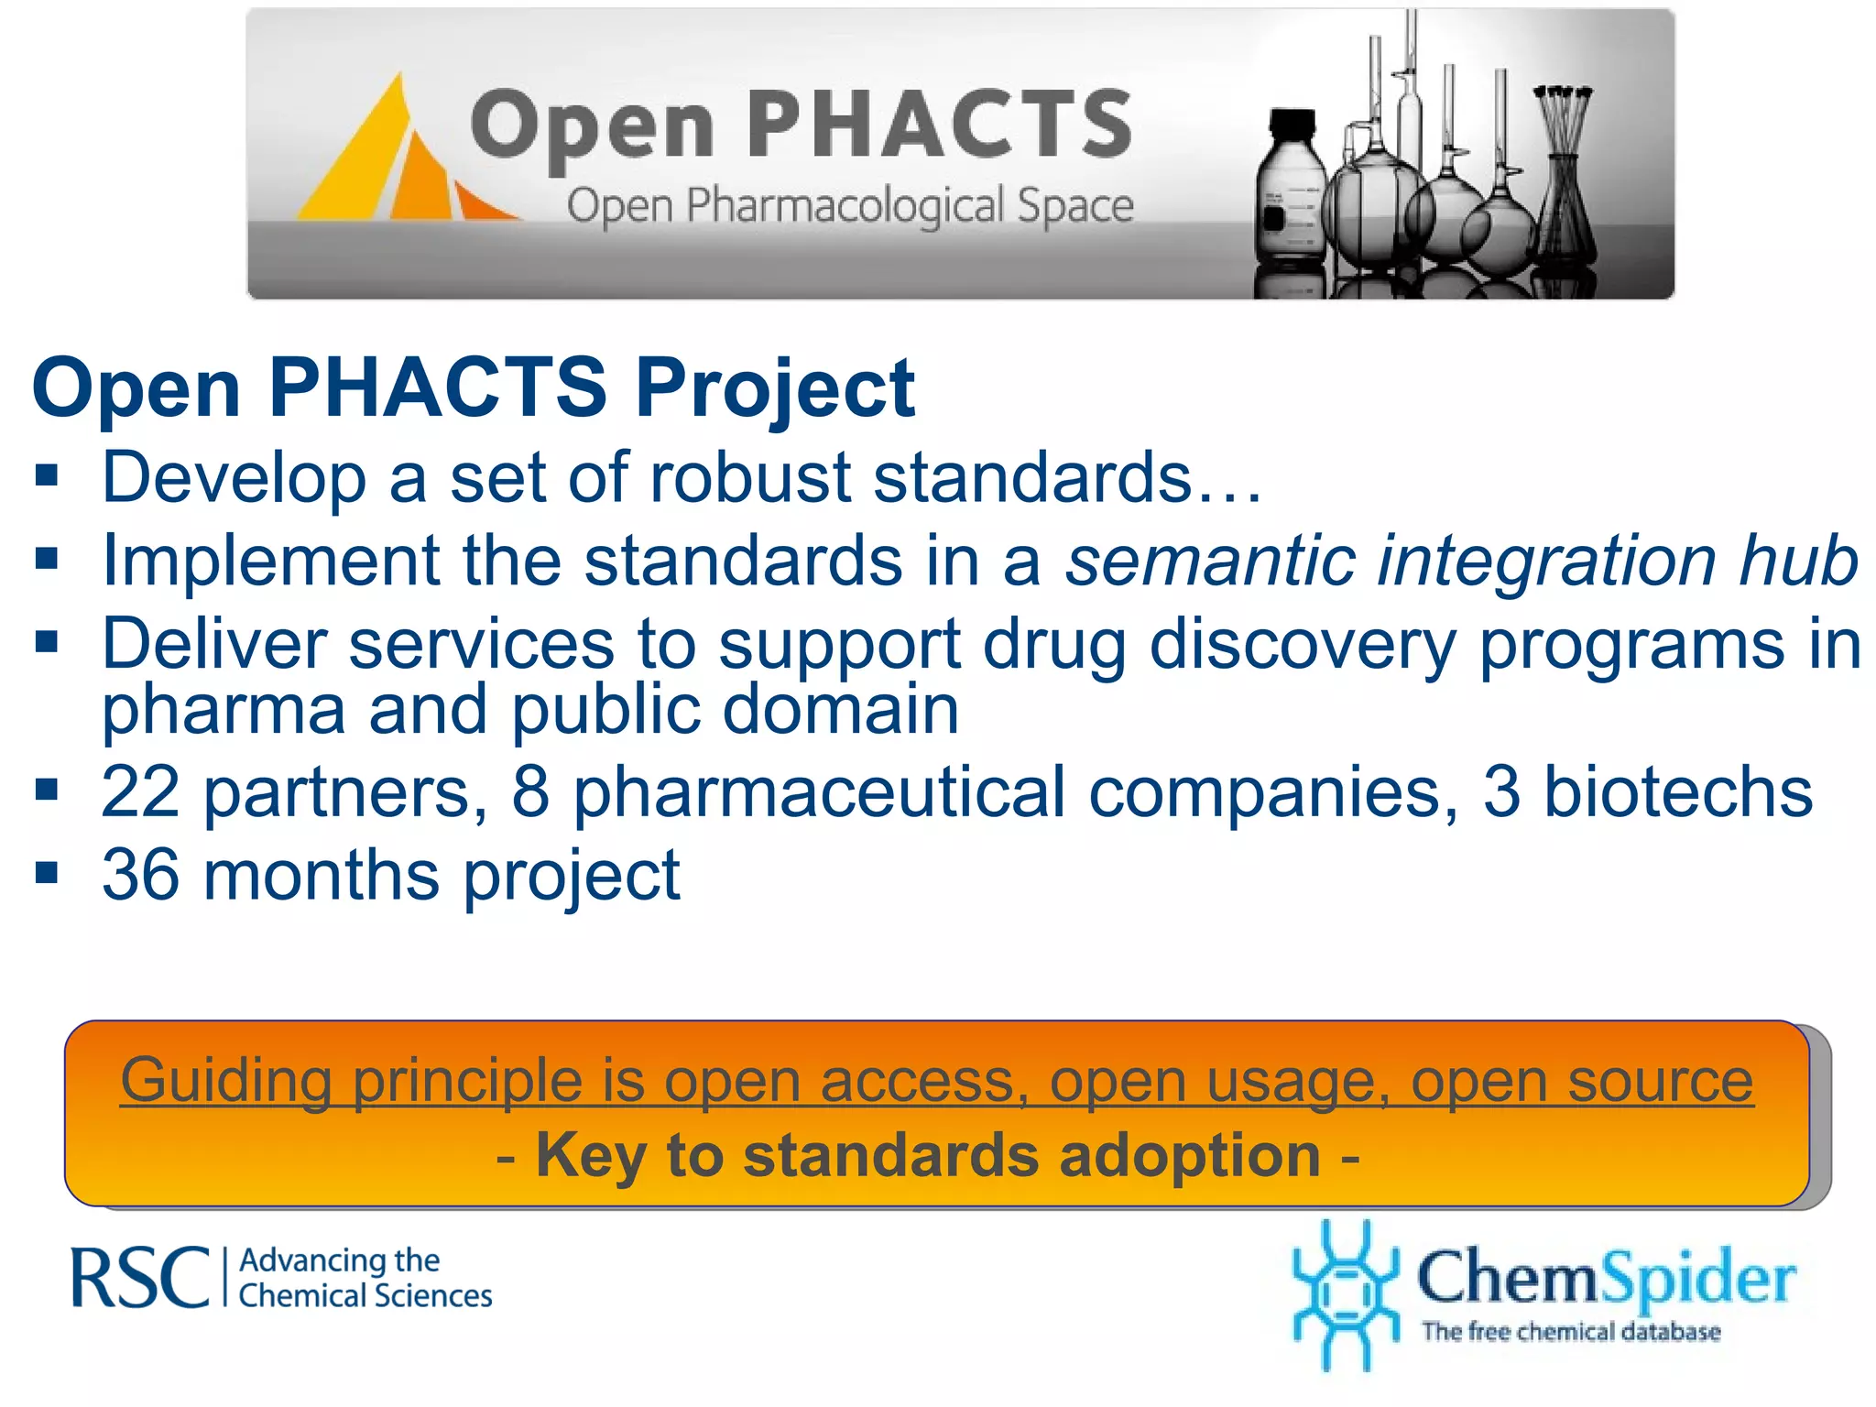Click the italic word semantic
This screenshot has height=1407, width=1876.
pyautogui.click(x=1209, y=560)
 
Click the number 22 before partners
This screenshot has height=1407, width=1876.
pyautogui.click(x=140, y=791)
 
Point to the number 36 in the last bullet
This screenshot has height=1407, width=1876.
pyautogui.click(x=140, y=875)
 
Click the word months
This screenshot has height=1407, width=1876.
pyautogui.click(x=322, y=875)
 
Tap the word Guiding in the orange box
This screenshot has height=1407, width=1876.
pyautogui.click(x=225, y=1081)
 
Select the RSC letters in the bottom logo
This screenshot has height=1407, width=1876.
pyautogui.click(x=140, y=1277)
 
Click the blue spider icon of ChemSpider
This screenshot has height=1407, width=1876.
pyautogui.click(x=1345, y=1293)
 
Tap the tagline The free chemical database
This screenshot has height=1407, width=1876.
pyautogui.click(x=1570, y=1331)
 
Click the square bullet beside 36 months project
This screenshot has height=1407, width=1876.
pyautogui.click(x=47, y=872)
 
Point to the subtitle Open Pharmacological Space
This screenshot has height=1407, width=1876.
pyautogui.click(x=849, y=205)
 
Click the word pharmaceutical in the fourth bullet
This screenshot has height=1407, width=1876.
pyautogui.click(x=820, y=791)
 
